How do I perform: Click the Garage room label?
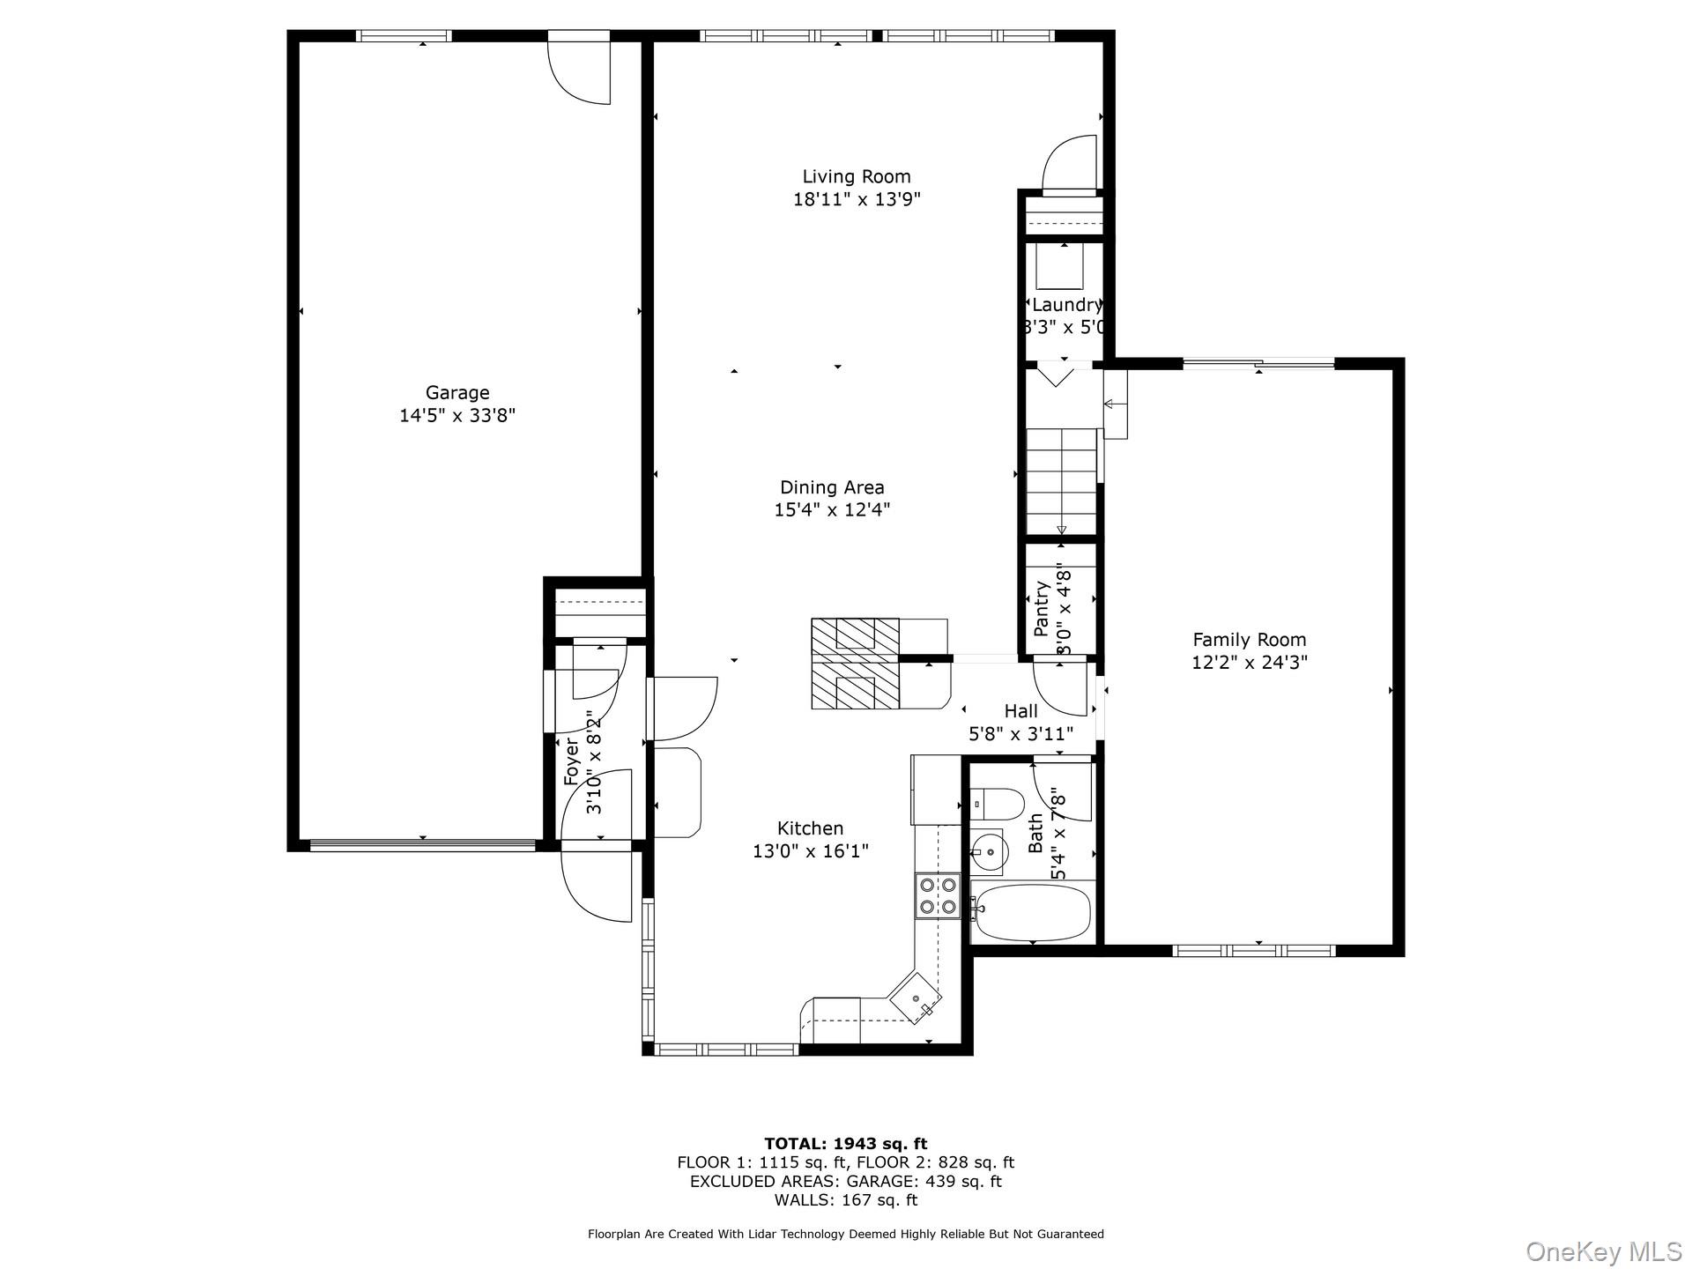coord(456,393)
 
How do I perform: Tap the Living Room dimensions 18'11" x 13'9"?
coord(856,200)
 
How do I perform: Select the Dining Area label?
coord(832,487)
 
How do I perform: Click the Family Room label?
coord(1249,640)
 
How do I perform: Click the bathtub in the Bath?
coord(1031,912)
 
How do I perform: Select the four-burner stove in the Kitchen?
coord(937,895)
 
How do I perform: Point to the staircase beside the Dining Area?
coord(1061,480)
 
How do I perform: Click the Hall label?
coord(1020,711)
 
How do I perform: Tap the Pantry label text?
coord(1042,609)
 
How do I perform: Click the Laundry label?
coord(1066,305)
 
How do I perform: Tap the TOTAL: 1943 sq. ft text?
coord(845,1144)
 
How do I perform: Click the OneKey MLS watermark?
coord(1603,1251)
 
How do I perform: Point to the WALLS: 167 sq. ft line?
coord(845,1200)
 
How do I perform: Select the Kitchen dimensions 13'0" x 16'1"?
coord(810,851)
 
